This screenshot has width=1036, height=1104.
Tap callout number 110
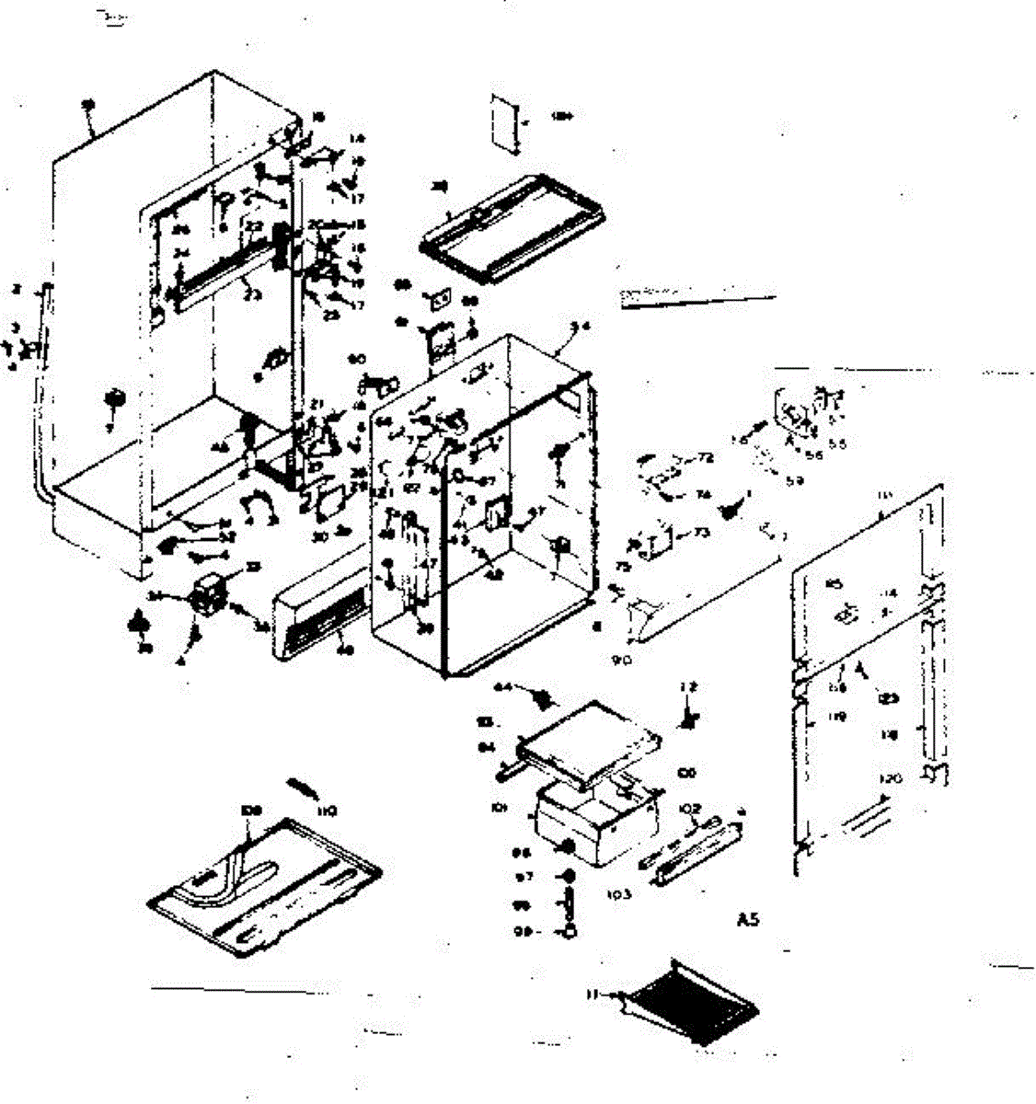[x=327, y=811]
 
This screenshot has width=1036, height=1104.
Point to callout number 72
[x=706, y=457]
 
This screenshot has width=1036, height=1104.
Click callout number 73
[x=702, y=533]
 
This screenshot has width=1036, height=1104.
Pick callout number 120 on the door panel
[x=890, y=778]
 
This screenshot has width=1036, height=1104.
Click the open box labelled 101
[x=593, y=823]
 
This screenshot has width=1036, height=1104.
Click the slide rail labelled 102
[x=690, y=851]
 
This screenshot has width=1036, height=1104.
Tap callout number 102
[x=690, y=809]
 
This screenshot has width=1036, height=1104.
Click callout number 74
[x=704, y=495]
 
